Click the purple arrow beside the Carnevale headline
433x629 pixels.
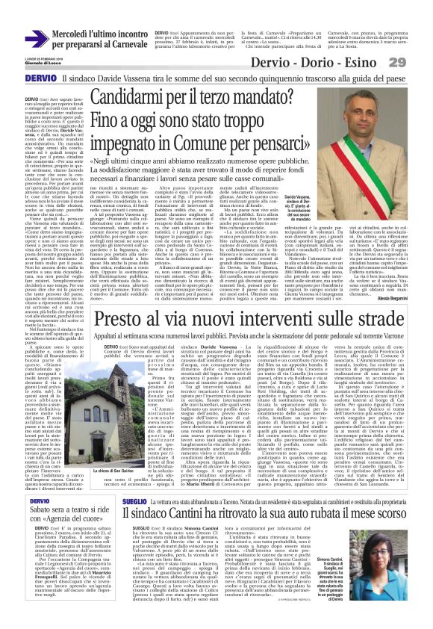36,37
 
